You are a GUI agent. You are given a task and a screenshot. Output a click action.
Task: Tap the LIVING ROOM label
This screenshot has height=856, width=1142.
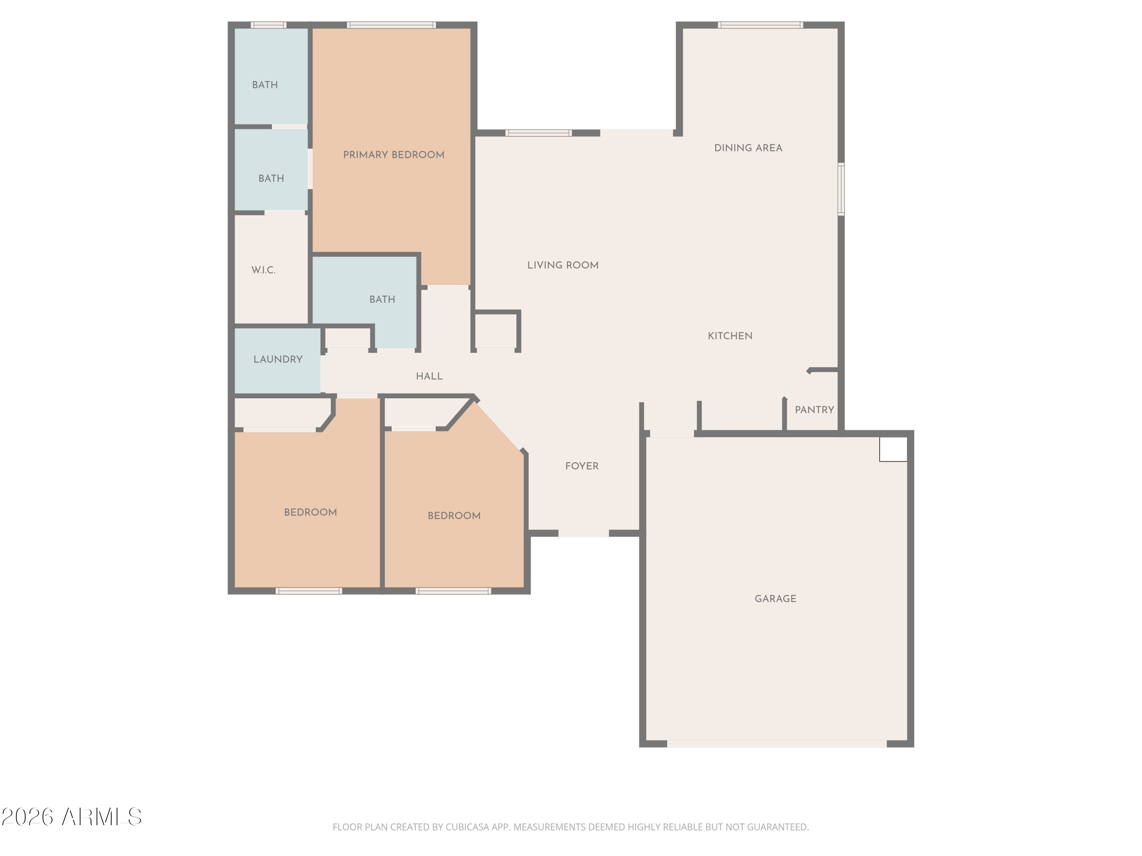point(563,265)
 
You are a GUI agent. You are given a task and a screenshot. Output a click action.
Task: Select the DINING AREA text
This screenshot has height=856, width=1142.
point(748,148)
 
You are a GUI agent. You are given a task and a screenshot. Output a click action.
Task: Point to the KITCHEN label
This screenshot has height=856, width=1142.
point(730,336)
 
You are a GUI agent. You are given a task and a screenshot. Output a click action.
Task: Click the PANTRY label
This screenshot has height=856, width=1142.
point(814,410)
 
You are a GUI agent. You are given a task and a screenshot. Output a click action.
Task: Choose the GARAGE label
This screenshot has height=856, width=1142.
point(775,598)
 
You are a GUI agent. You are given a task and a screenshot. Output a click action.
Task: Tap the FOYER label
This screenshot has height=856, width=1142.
point(582,466)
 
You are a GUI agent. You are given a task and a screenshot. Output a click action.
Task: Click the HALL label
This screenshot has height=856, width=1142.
point(429,376)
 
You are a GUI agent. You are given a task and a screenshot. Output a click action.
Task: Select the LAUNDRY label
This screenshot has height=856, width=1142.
point(278,359)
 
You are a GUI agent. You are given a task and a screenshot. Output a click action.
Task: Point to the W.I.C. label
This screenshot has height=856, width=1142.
point(263,270)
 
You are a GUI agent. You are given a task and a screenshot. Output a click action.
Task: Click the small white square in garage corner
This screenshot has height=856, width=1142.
point(893,449)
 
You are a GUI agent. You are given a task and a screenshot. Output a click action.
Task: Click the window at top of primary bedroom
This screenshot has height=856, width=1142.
point(391,25)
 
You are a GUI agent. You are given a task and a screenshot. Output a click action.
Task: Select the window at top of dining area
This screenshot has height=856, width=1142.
point(760,25)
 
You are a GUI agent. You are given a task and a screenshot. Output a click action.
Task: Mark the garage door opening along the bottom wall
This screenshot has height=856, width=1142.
point(777,743)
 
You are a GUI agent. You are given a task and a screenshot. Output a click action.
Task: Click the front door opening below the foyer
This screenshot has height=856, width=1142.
point(584,533)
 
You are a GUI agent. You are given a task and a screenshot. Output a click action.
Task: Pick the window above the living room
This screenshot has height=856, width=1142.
point(539,133)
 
